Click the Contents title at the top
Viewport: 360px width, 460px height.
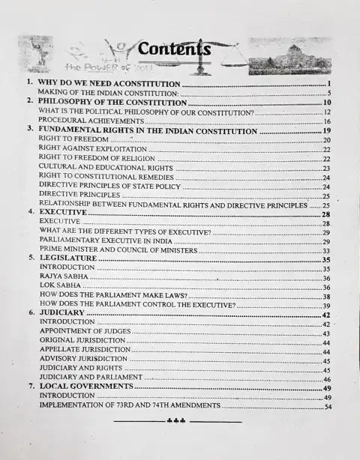click(174, 49)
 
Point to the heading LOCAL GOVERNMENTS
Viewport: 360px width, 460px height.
click(85, 387)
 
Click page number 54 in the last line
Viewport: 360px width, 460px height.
click(328, 407)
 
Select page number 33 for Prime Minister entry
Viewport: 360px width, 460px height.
click(326, 250)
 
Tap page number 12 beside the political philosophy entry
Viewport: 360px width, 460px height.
click(327, 112)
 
